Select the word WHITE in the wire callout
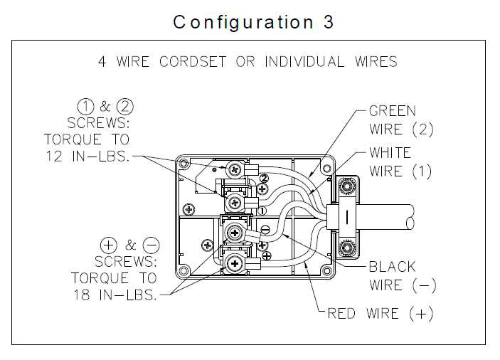[x=390, y=152]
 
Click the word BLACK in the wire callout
[x=392, y=268]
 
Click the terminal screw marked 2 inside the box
[x=234, y=169]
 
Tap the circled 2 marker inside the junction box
[x=263, y=178]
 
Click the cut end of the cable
[x=410, y=223]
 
